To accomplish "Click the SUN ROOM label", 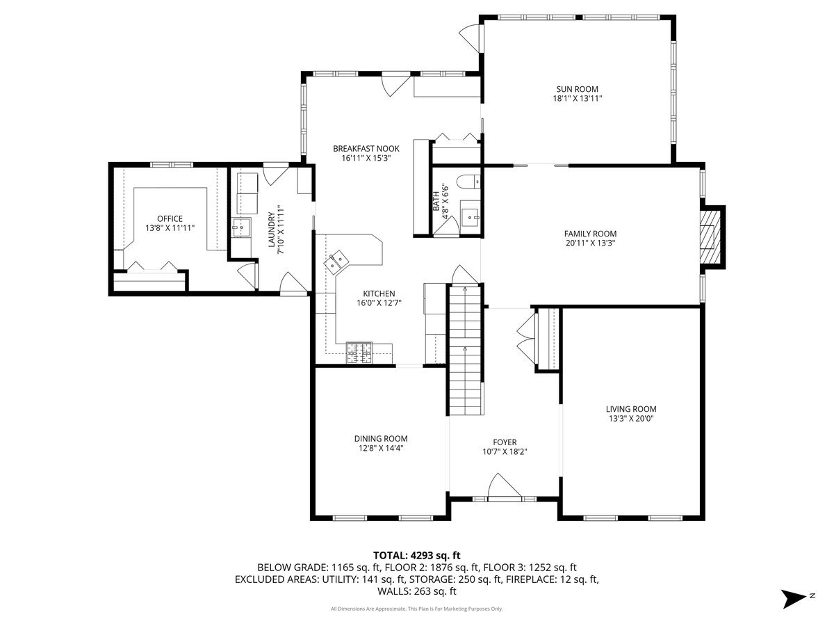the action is click(x=577, y=89).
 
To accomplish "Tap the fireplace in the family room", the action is click(x=710, y=237).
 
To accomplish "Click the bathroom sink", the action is click(x=471, y=218).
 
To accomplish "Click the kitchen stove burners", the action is click(x=359, y=353).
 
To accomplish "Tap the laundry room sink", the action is click(x=241, y=227).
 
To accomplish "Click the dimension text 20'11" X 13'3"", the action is click(x=590, y=243).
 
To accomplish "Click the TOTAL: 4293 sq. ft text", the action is click(x=417, y=555).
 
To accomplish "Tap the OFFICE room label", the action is click(x=170, y=218).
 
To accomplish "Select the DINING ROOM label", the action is click(x=381, y=439).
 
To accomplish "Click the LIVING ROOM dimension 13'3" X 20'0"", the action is click(x=631, y=419).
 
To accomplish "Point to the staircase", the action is click(x=466, y=349).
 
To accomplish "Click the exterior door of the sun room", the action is click(x=471, y=38).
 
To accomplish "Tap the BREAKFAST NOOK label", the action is click(x=366, y=149).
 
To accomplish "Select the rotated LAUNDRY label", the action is click(x=271, y=230).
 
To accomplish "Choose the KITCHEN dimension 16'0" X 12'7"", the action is click(x=379, y=303).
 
